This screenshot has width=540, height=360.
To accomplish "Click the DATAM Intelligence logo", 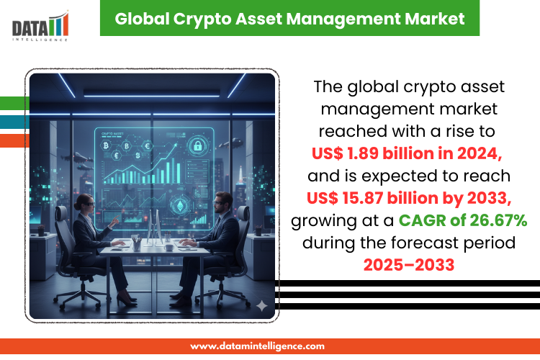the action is (x=40, y=27).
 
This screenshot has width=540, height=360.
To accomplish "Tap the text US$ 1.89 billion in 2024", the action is (x=407, y=153).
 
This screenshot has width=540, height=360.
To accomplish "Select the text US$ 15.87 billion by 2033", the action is (x=409, y=198).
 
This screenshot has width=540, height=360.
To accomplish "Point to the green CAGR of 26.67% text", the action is (x=463, y=220).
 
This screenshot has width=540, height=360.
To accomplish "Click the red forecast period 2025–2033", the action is (x=409, y=265).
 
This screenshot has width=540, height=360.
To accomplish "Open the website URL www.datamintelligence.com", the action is (x=257, y=346).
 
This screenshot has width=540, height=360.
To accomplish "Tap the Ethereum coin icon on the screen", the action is (x=180, y=206).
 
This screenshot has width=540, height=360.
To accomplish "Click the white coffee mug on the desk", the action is (x=168, y=247).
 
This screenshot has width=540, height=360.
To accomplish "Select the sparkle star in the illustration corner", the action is (x=262, y=305).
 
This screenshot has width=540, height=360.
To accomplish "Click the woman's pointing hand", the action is (x=114, y=220).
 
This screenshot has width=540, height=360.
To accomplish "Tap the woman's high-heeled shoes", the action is (x=126, y=300).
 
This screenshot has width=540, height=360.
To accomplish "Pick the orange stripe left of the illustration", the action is (x=14, y=140).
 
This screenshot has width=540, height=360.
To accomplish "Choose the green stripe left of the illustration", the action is (x=14, y=104).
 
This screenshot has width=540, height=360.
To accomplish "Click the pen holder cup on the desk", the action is (x=137, y=245).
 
